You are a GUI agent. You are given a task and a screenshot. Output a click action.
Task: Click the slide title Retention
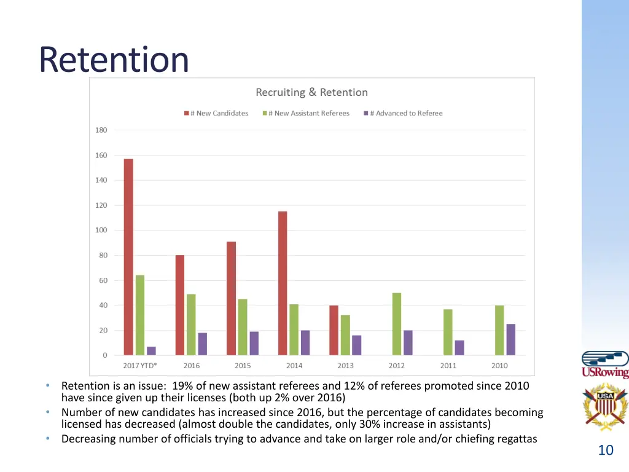[x=114, y=60]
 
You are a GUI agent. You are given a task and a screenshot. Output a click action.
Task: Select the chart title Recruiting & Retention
[x=311, y=92]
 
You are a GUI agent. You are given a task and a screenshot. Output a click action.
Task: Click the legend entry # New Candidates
[x=216, y=113]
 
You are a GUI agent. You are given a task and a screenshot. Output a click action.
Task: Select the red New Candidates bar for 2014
[x=283, y=283]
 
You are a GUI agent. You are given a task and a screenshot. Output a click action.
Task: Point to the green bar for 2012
[x=397, y=324]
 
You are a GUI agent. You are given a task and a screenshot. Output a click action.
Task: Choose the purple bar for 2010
[x=511, y=339]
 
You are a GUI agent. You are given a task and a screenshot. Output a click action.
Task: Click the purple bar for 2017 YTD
[x=151, y=351]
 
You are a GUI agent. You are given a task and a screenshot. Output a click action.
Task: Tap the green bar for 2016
[x=191, y=324]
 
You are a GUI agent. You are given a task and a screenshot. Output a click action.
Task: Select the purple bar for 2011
[x=459, y=347]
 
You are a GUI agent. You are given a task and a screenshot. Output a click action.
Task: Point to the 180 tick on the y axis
[x=101, y=130]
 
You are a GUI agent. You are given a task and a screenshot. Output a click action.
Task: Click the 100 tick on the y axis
[x=101, y=230]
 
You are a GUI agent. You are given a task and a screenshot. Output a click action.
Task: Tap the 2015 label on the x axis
[x=242, y=366]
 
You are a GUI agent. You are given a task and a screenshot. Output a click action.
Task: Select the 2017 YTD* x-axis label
[x=140, y=366]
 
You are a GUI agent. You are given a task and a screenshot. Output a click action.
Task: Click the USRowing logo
[x=605, y=364]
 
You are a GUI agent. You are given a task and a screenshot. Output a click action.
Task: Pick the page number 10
[x=606, y=450]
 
